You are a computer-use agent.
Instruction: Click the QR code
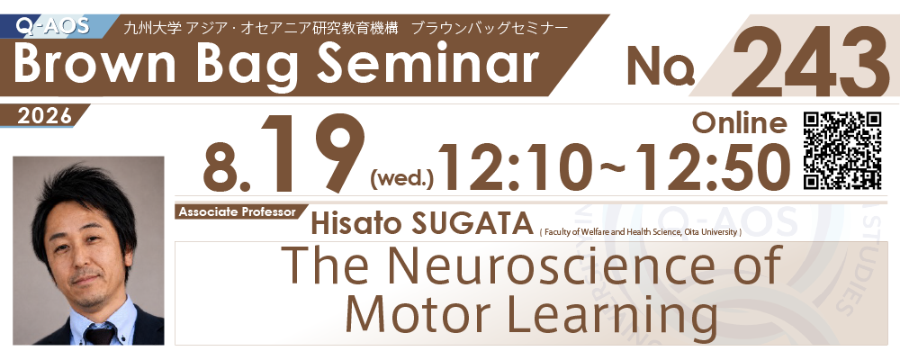click(x=842, y=150)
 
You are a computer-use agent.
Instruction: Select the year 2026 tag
click(x=45, y=115)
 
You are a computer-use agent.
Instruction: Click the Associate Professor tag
click(x=237, y=211)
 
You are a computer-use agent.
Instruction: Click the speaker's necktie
click(x=100, y=334)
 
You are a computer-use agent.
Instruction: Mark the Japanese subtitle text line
click(x=346, y=28)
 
